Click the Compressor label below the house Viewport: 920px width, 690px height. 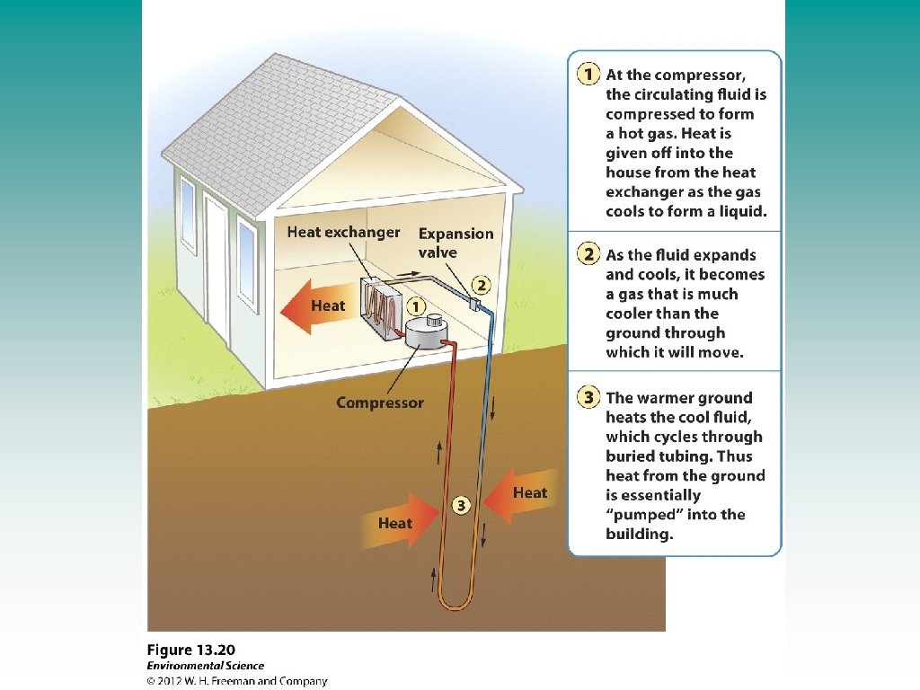(x=379, y=402)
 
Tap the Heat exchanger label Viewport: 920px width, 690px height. (x=343, y=233)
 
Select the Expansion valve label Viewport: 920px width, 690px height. (x=456, y=243)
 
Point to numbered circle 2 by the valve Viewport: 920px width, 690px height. (x=482, y=286)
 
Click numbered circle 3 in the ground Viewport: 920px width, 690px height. (x=461, y=506)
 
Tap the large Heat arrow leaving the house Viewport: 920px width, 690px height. (x=316, y=306)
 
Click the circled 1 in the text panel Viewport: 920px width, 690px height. (x=588, y=75)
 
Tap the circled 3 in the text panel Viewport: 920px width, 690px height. (x=588, y=398)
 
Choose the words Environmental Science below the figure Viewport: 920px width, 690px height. (x=206, y=666)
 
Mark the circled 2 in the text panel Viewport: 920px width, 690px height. (x=588, y=254)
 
